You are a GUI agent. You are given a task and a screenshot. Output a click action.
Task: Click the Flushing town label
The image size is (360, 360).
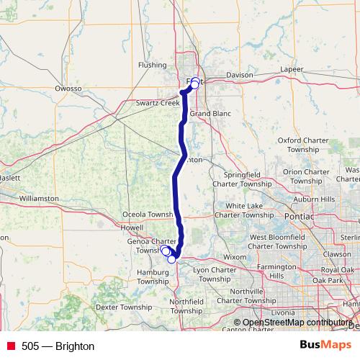pos(153,65)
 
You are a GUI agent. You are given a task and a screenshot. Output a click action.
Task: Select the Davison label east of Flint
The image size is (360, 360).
pos(239,75)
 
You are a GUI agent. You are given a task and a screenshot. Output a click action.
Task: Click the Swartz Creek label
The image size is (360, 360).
pos(157,103)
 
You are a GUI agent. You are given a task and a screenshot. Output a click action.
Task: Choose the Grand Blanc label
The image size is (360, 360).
pos(210,114)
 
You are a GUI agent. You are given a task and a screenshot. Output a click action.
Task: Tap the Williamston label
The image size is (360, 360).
pos(39,197)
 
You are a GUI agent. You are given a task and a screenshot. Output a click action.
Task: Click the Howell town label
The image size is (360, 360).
pos(132,228)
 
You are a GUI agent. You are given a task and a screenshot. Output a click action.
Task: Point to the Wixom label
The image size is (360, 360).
pos(235,256)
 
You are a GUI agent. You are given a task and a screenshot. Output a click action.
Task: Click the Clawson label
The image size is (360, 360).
pos(337,253)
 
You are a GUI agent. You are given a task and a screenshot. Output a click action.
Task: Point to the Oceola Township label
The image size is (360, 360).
pos(149,215)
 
